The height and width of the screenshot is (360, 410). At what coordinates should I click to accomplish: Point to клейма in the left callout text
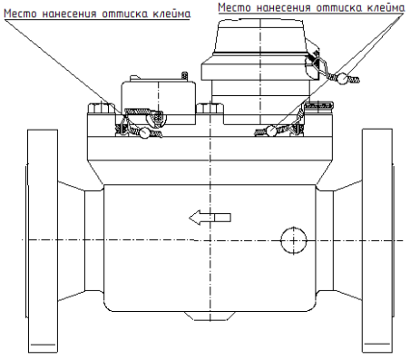click(x=170, y=14)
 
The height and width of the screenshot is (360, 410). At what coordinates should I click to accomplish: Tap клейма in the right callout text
click(x=382, y=7)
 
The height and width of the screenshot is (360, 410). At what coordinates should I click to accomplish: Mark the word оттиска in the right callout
click(x=336, y=7)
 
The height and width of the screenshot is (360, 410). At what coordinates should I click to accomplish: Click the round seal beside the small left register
click(x=145, y=134)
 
